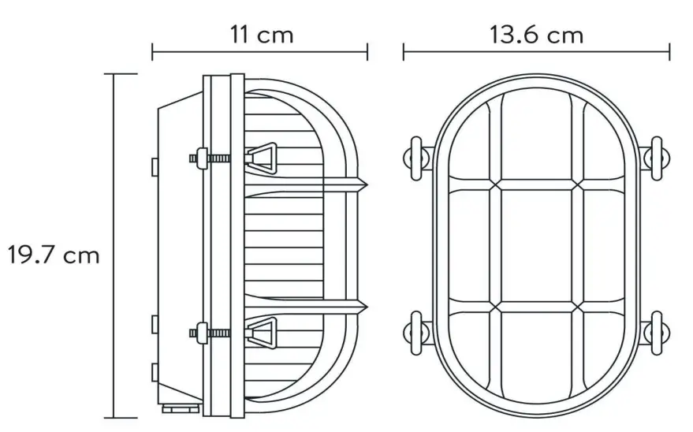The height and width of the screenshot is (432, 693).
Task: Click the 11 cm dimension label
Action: (261, 35)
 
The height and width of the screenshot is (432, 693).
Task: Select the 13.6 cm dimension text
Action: (536, 35)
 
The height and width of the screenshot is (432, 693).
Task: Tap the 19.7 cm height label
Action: (54, 255)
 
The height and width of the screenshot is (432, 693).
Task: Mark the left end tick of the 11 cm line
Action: (152, 53)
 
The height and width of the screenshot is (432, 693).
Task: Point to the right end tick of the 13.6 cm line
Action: (669, 52)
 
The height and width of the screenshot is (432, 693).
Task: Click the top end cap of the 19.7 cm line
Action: (115, 74)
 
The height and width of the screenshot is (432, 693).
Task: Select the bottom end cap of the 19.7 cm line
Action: (115, 417)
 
